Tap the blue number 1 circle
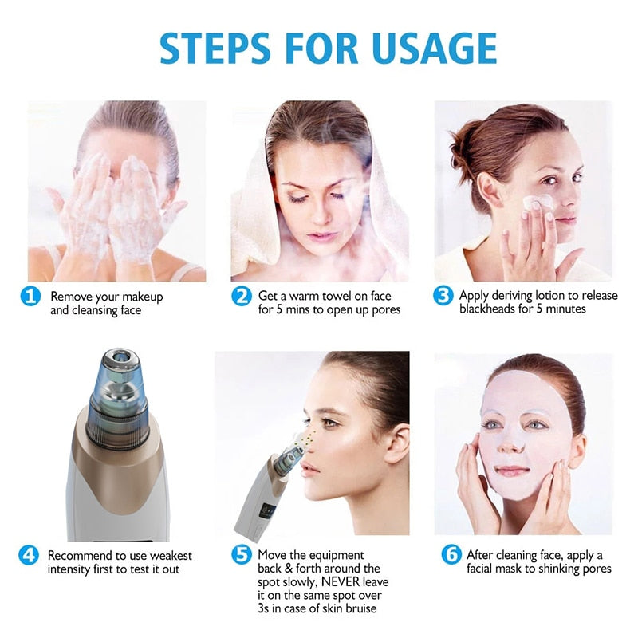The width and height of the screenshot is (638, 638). click(30, 297)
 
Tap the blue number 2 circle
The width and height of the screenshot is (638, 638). click(241, 297)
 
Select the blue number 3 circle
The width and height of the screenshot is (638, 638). click(443, 296)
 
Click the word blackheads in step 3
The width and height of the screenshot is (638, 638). click(490, 309)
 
